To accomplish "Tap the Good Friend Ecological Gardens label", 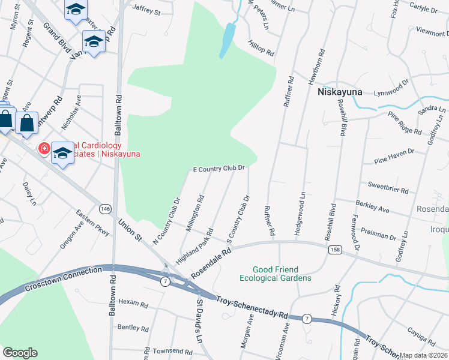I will (276, 274).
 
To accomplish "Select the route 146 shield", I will (106, 208).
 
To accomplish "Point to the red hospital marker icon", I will (44, 148).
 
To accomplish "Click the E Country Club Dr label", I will (218, 170).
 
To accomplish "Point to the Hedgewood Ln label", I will (303, 206).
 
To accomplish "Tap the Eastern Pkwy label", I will (92, 223).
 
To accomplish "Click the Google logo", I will (20, 353).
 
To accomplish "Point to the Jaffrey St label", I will (146, 11).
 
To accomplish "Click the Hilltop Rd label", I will (261, 48).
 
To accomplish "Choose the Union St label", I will (129, 229).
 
